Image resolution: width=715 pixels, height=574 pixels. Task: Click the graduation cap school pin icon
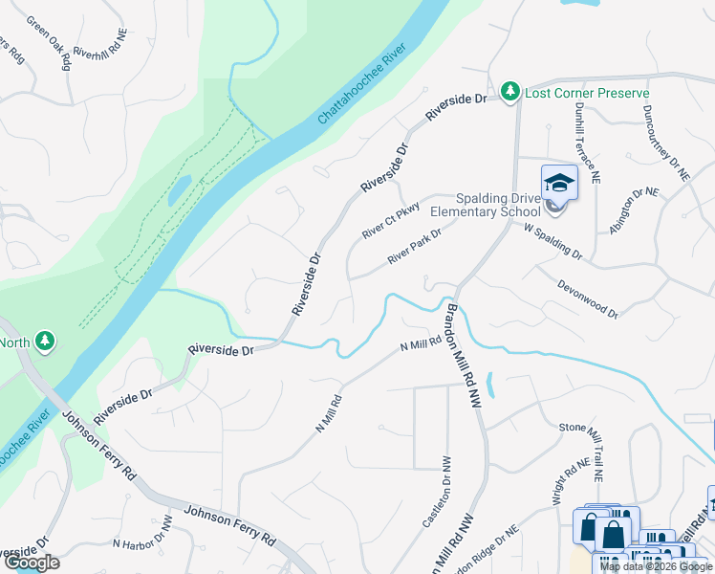(x=559, y=183)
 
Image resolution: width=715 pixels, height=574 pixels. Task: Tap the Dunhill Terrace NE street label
(x=585, y=144)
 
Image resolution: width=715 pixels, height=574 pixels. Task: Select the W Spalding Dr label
(x=552, y=241)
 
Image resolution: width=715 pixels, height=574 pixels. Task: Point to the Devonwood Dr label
(x=587, y=298)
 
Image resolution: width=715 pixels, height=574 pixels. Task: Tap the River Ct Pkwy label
(x=391, y=221)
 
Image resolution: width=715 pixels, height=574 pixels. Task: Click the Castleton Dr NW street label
(x=435, y=492)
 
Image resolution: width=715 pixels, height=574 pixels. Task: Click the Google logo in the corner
(x=31, y=563)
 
